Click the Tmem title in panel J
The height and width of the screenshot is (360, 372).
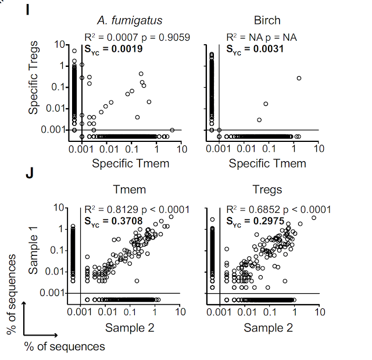pyautogui.click(x=131, y=190)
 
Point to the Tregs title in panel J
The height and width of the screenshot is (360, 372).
pyautogui.click(x=267, y=190)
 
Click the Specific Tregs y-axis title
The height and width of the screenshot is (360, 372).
pyautogui.click(x=35, y=77)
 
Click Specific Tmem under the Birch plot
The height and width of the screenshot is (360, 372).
pyautogui.click(x=267, y=163)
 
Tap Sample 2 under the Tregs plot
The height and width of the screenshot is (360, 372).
pyautogui.click(x=268, y=328)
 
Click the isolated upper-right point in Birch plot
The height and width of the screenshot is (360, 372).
pyautogui.click(x=299, y=78)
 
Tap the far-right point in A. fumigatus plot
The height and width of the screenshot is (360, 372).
pyautogui.click(x=172, y=130)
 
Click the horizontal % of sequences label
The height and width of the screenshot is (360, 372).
pyautogui.click(x=64, y=347)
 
